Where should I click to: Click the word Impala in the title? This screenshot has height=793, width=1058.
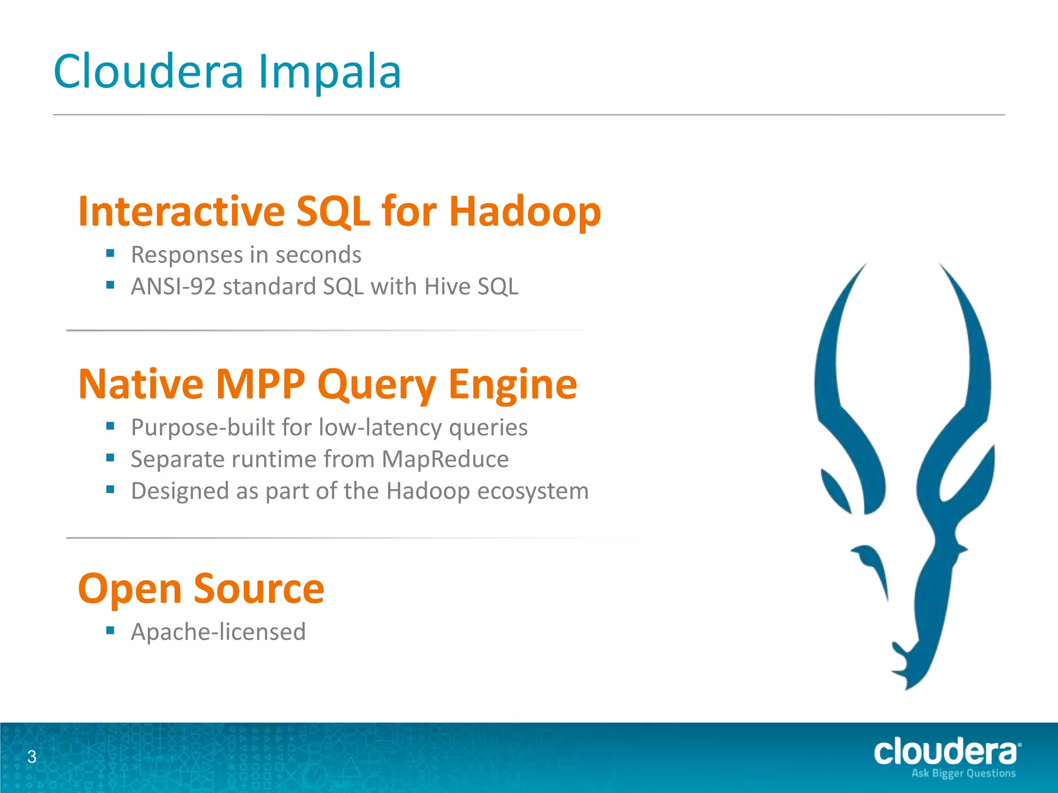click(x=330, y=72)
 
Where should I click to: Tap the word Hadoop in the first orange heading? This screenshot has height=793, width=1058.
click(x=525, y=212)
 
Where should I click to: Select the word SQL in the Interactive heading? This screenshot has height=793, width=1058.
click(x=333, y=212)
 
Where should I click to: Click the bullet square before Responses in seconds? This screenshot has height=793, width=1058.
click(x=110, y=253)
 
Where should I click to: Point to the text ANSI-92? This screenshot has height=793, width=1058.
click(x=173, y=287)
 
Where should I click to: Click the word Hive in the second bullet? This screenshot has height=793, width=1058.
click(x=447, y=287)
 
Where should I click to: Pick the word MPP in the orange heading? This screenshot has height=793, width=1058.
click(x=260, y=385)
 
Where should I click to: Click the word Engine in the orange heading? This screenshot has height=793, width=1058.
click(x=512, y=385)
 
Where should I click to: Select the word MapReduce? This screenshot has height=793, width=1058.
click(x=445, y=459)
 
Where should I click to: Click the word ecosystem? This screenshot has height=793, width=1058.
click(x=533, y=490)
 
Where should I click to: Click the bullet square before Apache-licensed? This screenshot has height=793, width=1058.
click(x=110, y=630)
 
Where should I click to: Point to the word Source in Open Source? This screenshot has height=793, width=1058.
click(x=259, y=589)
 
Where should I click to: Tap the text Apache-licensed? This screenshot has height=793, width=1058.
click(x=218, y=632)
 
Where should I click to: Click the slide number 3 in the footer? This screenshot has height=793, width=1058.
click(x=32, y=757)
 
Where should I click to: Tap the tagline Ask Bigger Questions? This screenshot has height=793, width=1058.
click(x=963, y=773)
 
